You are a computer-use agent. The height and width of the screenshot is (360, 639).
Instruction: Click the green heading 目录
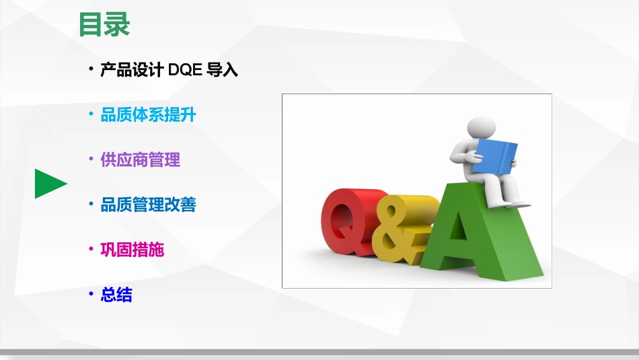tap(104, 25)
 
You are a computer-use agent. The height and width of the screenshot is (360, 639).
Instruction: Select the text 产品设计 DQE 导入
tap(169, 69)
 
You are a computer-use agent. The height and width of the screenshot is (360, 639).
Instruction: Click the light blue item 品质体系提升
tap(148, 114)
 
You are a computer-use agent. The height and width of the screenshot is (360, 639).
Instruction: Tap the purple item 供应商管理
tap(140, 159)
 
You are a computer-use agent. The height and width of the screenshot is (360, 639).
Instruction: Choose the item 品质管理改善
tap(148, 205)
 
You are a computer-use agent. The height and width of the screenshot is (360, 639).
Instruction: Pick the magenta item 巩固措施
tap(132, 250)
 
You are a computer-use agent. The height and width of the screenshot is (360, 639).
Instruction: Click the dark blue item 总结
tap(116, 294)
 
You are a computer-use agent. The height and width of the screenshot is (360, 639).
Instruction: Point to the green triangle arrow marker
tap(50, 184)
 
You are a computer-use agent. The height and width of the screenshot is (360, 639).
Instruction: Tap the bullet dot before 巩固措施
tap(91, 249)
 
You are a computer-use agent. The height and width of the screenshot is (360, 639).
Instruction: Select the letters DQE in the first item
tap(185, 69)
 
